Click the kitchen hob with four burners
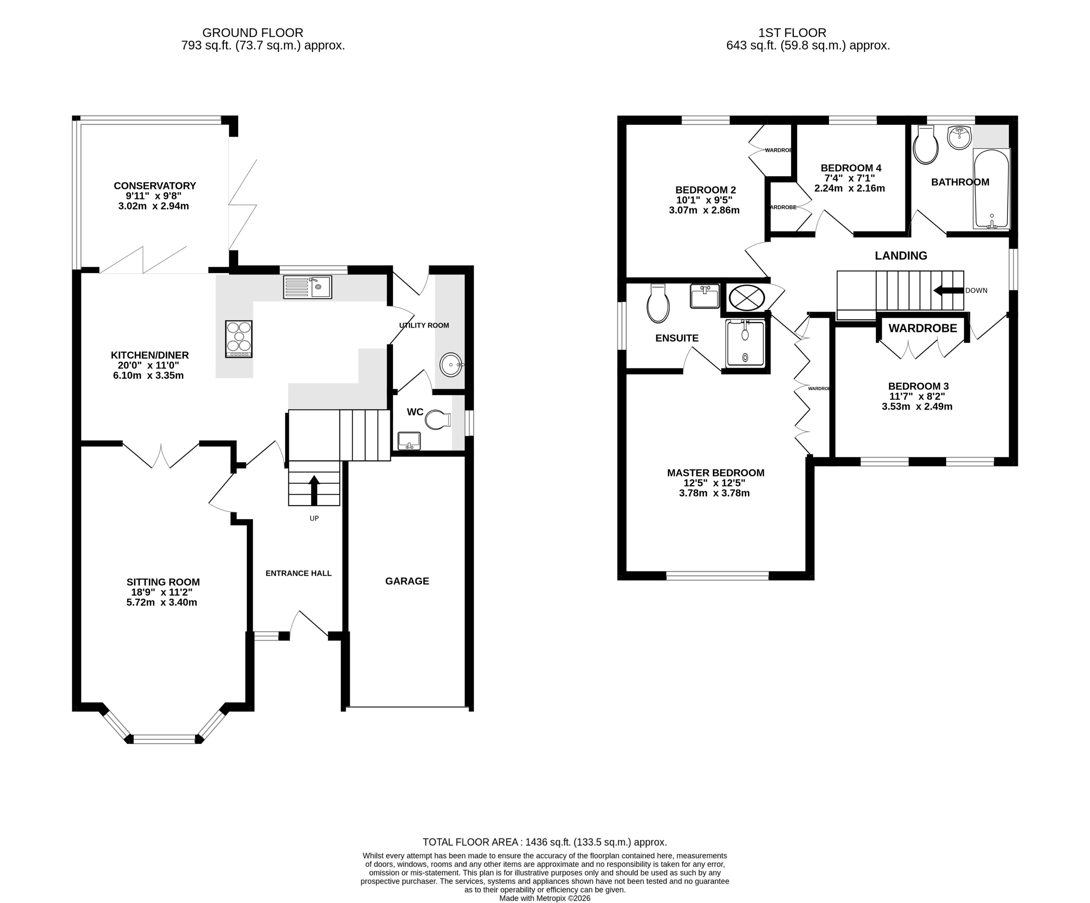[239, 339]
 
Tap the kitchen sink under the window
[307, 287]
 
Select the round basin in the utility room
[450, 365]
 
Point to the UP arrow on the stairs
[314, 490]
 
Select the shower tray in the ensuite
[746, 343]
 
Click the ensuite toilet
[658, 305]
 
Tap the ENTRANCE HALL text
[298, 573]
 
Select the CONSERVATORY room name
[155, 185]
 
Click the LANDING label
[901, 255]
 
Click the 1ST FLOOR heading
[792, 33]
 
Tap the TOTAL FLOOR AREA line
[545, 842]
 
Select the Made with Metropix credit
[545, 898]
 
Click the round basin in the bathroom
[959, 137]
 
